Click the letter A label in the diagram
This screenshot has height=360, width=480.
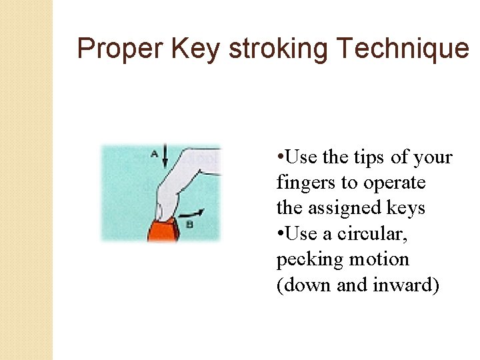pyautogui.click(x=154, y=154)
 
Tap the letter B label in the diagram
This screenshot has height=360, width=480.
pyautogui.click(x=189, y=225)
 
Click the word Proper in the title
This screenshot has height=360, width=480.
pyautogui.click(x=120, y=49)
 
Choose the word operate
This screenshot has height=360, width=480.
pyautogui.click(x=392, y=183)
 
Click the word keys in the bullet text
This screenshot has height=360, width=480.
pyautogui.click(x=406, y=208)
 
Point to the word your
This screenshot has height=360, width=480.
pyautogui.click(x=433, y=158)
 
